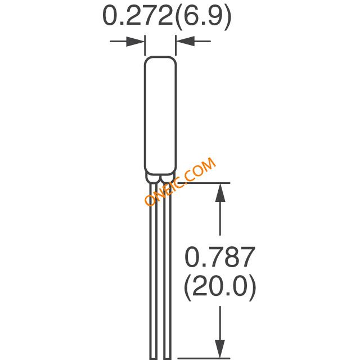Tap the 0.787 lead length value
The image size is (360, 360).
[220, 257]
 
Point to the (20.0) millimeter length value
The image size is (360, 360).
[220, 287]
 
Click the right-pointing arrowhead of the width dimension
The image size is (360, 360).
[135, 41]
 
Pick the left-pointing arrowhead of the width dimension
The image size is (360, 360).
[185, 41]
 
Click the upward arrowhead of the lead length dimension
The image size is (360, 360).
[220, 192]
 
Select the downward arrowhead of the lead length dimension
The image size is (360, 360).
[220, 349]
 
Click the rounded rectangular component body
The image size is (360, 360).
[160, 115]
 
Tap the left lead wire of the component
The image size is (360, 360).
[154, 271]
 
